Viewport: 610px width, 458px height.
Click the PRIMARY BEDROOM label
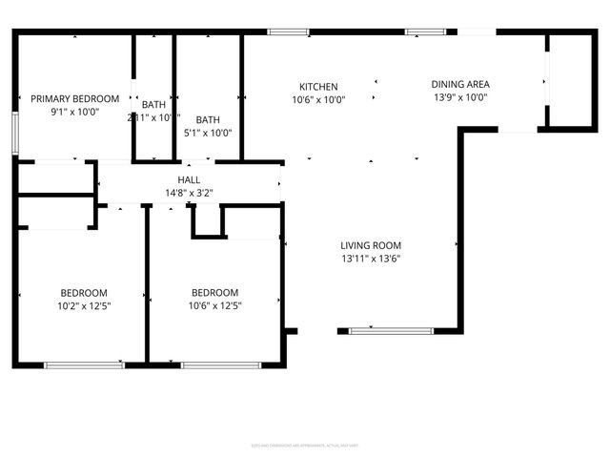pos(74,98)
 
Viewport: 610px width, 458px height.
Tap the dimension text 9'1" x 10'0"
pos(74,112)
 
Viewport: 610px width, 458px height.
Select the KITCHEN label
pos(318,86)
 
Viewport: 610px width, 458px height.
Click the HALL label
pos(189,179)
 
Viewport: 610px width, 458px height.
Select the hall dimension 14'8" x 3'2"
pos(189,193)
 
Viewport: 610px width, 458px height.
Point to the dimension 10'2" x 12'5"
pos(84,306)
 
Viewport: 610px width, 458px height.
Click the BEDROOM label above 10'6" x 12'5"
pos(214,293)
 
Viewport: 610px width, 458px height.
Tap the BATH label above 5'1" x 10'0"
pos(208,119)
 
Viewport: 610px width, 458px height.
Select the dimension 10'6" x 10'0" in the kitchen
pos(318,99)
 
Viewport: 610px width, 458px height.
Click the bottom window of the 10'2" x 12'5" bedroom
pos(84,364)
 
